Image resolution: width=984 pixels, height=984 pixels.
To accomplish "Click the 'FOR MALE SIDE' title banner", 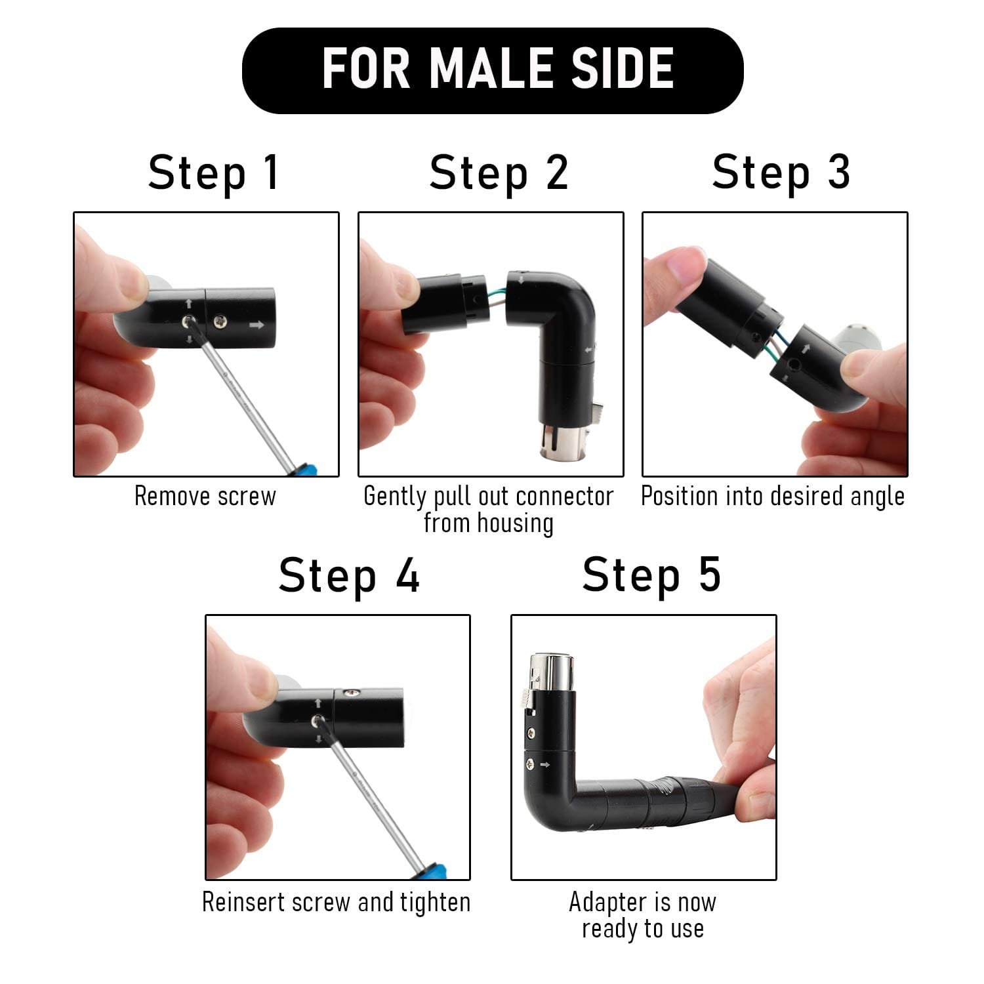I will click(x=492, y=70).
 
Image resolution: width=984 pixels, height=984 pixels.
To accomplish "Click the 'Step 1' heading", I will click(x=214, y=173).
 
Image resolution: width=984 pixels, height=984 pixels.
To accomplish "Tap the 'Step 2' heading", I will click(x=499, y=173).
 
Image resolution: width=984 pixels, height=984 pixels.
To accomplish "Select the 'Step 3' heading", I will click(x=781, y=173).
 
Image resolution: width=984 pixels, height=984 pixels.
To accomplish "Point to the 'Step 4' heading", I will click(x=348, y=576).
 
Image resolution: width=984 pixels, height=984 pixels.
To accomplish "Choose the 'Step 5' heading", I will click(x=651, y=575).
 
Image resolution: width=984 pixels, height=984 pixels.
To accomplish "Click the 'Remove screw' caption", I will click(x=205, y=497).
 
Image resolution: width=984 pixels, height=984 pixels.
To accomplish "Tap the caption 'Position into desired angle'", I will click(x=773, y=497).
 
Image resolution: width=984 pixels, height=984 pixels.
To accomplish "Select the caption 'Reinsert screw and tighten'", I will click(x=336, y=903).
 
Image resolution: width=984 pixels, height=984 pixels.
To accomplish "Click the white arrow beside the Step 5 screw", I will click(x=544, y=764).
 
